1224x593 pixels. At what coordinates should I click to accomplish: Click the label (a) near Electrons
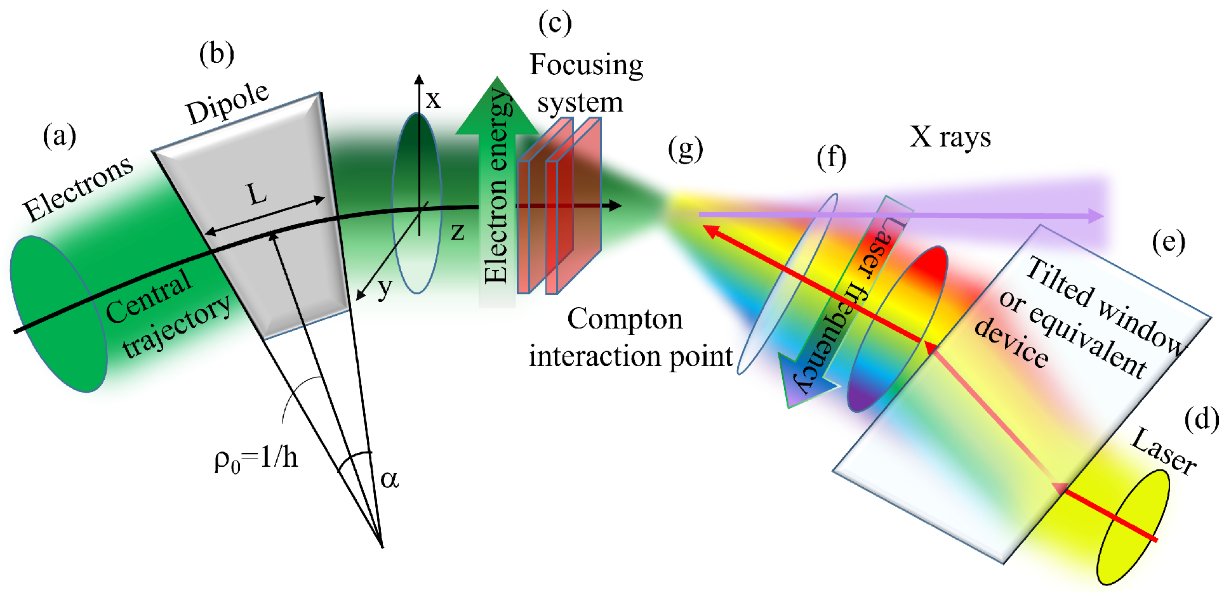coord(60,136)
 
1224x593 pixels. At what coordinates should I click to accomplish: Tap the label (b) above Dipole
coord(216,55)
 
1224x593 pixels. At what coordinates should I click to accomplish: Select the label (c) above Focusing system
coord(555,24)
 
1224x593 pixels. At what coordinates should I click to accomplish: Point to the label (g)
coord(686,150)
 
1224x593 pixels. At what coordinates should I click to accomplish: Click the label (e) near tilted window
coord(1168,242)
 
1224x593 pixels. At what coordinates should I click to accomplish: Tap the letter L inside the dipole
coord(258,194)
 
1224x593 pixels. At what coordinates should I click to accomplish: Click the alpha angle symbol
coord(389,479)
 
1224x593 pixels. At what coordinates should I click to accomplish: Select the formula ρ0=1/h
coord(256,458)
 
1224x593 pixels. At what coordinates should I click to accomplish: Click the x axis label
coord(433,100)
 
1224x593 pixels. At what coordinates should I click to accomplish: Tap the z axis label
coord(457,231)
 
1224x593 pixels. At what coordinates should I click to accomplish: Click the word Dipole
coord(228,103)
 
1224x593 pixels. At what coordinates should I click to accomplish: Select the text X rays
coord(950,137)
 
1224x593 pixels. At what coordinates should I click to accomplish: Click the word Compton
coord(625,319)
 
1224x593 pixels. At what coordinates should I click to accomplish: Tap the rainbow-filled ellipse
coord(897,330)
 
